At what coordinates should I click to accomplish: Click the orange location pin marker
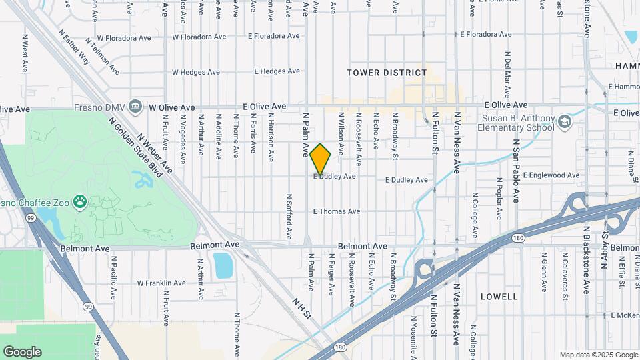[x=320, y=159]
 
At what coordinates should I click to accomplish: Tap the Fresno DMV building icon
[x=136, y=106]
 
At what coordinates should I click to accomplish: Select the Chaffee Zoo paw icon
[x=81, y=201]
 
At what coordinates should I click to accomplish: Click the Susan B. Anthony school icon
[x=565, y=121]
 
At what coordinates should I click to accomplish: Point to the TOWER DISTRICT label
[x=387, y=73]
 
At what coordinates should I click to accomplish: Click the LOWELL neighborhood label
[x=498, y=296]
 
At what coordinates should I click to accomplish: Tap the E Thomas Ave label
[x=337, y=211]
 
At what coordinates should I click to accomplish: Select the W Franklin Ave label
[x=161, y=283]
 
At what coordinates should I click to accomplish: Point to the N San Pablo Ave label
[x=516, y=171]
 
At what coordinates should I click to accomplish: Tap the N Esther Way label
[x=73, y=47]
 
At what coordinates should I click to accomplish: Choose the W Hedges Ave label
[x=195, y=72]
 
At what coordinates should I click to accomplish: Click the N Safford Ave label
[x=289, y=217]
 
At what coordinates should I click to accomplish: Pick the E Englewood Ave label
[x=551, y=175]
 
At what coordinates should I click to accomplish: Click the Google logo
[x=22, y=352]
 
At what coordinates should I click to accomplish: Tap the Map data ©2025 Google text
[x=597, y=355]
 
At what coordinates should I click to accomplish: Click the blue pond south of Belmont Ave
[x=223, y=265]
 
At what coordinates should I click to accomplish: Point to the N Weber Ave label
[x=155, y=152]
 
